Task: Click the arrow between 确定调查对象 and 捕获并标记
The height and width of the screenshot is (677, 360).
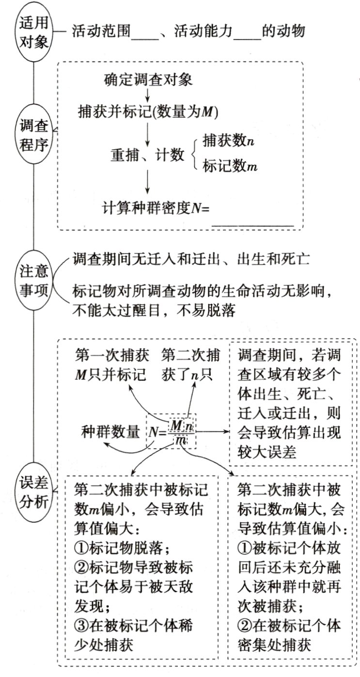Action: (147, 95)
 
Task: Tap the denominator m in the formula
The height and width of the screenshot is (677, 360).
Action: (181, 441)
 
